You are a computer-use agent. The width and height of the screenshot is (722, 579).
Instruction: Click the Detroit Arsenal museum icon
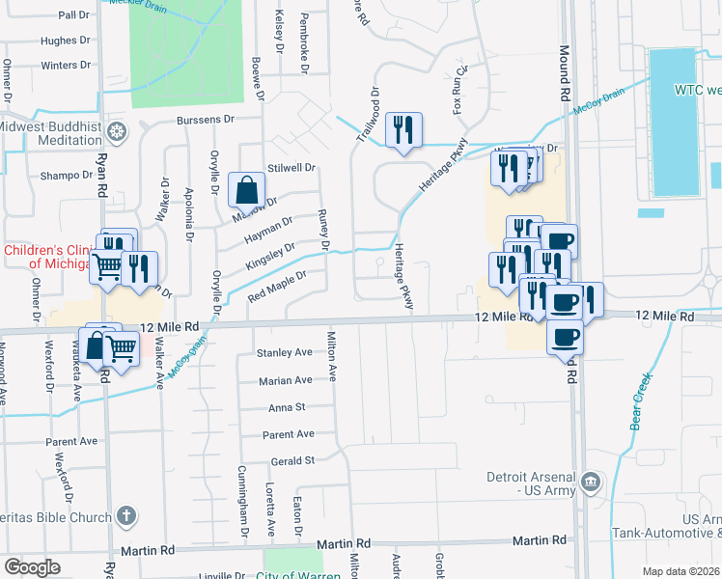pyautogui.click(x=591, y=481)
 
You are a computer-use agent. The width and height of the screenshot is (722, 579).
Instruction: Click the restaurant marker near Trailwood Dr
pyautogui.click(x=403, y=130)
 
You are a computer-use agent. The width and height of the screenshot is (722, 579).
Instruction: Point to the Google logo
pyautogui.click(x=33, y=567)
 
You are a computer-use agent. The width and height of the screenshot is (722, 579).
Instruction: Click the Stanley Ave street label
pyautogui.click(x=284, y=353)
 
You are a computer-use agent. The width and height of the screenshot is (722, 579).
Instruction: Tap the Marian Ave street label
pyautogui.click(x=285, y=381)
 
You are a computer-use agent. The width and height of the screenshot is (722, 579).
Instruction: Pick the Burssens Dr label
pyautogui.click(x=206, y=120)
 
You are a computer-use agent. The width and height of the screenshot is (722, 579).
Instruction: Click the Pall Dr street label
pyautogui.click(x=73, y=15)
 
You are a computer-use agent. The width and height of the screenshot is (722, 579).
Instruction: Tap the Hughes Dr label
pyautogui.click(x=66, y=41)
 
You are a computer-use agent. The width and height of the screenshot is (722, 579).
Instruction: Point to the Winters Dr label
pyautogui.click(x=66, y=66)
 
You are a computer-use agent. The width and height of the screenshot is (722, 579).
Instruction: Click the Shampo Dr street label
pyautogui.click(x=65, y=176)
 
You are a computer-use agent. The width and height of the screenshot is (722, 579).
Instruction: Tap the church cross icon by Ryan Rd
pyautogui.click(x=125, y=517)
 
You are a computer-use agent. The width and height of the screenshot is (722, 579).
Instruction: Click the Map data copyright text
pyautogui.click(x=681, y=571)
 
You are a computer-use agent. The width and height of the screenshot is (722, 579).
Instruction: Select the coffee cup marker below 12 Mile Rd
pyautogui.click(x=565, y=338)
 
